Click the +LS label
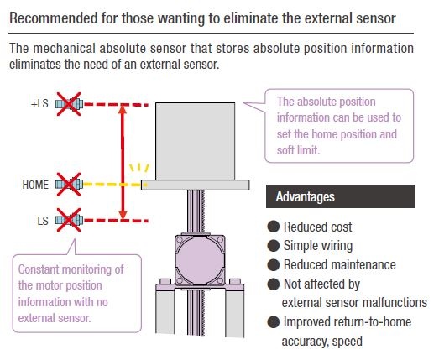click(x=39, y=104)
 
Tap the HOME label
click(x=35, y=185)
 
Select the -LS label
click(x=41, y=221)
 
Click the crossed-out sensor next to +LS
click(x=69, y=104)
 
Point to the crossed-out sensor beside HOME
click(x=69, y=185)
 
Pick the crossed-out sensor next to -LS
click(x=69, y=220)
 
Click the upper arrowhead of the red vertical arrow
click(x=123, y=109)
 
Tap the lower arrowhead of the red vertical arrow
click(x=123, y=215)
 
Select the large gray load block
click(x=195, y=141)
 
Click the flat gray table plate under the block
click(x=195, y=185)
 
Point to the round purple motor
click(x=200, y=260)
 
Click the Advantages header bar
click(x=340, y=196)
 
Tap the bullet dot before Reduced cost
click(x=274, y=227)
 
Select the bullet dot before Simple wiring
click(x=274, y=246)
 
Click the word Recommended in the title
click(x=54, y=18)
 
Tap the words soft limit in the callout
click(x=298, y=150)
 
